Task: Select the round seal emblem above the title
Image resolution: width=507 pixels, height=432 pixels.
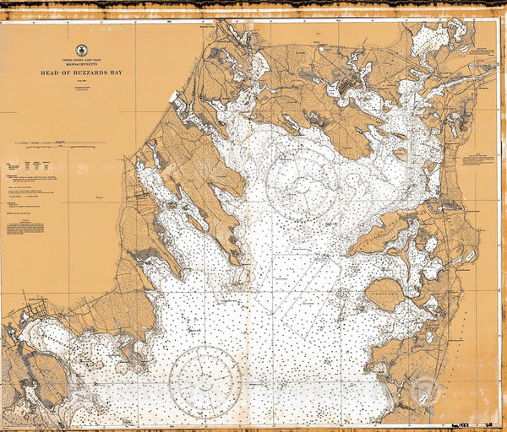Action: click(82, 51)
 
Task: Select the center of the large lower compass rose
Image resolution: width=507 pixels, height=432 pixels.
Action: click(204, 381)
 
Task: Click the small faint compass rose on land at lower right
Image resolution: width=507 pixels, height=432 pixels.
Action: click(424, 391)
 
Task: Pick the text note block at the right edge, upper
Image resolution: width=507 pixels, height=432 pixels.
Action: click(482, 160)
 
